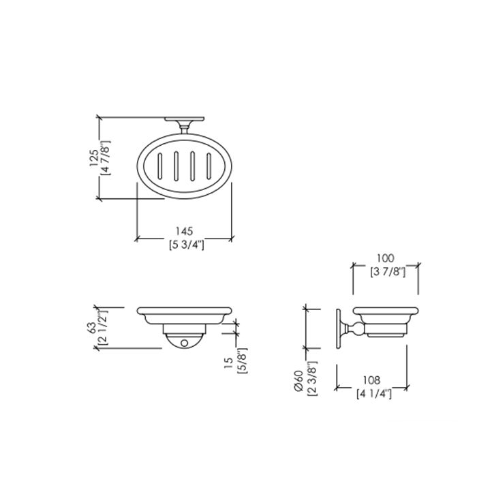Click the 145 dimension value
185,231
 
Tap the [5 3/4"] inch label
186,244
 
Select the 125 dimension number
94,157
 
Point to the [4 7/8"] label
106,157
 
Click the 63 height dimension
92,327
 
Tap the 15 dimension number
228,363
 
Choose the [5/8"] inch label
242,360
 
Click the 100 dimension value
386,258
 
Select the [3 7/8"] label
388,272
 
